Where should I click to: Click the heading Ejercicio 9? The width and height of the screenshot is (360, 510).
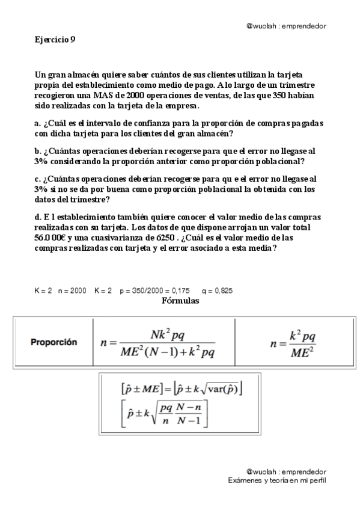point(55,40)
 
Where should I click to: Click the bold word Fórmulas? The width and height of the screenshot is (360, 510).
point(180,300)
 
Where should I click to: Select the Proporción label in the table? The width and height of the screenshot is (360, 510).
point(54,342)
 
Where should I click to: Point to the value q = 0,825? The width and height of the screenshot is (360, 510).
point(217,291)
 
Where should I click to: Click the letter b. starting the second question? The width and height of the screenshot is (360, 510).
point(38,152)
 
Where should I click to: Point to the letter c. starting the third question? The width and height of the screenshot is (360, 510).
point(38,179)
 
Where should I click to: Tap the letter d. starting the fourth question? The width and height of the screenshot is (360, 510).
point(38,217)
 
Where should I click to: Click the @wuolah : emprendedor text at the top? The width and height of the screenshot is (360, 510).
point(286,26)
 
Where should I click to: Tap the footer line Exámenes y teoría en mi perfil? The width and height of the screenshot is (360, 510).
point(277,481)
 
